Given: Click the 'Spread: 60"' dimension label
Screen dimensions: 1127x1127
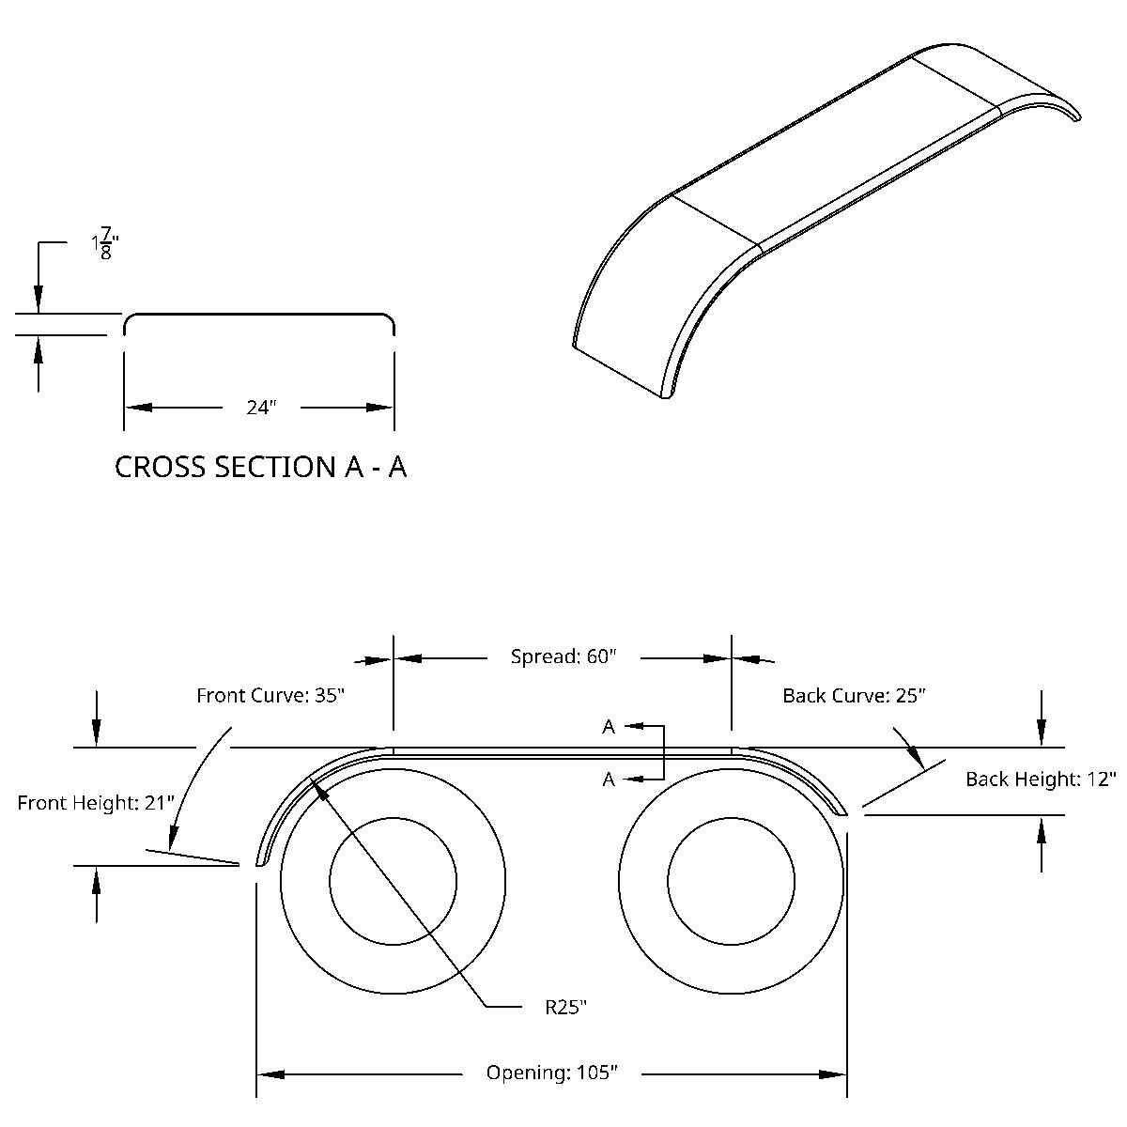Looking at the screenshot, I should (563, 656).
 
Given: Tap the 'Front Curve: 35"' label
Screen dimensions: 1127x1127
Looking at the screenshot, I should (270, 696).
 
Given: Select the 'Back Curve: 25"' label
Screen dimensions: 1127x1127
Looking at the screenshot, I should (854, 696).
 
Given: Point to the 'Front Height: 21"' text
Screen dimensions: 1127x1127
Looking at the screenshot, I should (96, 803).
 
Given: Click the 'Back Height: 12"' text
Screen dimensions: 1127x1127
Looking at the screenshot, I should (1041, 779).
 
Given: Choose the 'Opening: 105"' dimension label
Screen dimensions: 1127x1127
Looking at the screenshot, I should (551, 1073).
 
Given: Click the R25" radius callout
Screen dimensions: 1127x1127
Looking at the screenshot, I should (566, 1008).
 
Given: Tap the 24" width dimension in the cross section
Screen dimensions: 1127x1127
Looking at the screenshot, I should (261, 408).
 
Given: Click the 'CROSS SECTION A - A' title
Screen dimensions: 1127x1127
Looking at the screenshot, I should (260, 467).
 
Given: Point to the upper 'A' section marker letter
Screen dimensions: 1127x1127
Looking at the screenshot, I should (609, 726).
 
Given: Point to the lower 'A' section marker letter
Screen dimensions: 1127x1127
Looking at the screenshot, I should (609, 779).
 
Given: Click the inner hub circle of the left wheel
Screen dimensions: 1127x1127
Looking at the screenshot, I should (393, 881).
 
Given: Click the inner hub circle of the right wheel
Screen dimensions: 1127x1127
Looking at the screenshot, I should (732, 881).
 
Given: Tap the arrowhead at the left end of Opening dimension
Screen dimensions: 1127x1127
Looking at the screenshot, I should (270, 1073).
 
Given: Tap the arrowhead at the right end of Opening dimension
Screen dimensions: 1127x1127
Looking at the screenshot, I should (834, 1073).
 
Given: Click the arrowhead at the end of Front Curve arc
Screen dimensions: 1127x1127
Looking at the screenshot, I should (173, 836).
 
